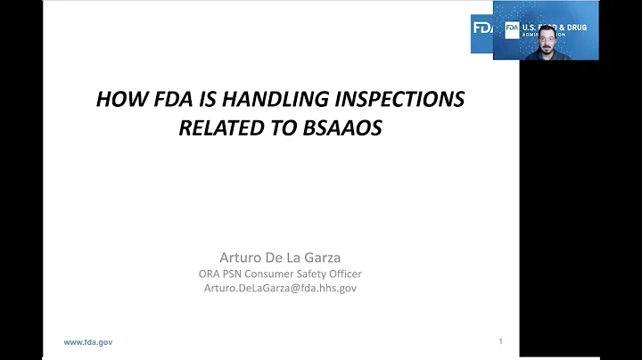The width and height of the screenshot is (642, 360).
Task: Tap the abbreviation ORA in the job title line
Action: point(210,274)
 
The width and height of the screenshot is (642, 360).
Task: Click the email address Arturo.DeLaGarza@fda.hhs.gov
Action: point(279,289)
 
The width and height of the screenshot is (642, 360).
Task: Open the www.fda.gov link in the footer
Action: point(87,342)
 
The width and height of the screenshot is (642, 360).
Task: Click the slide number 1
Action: point(501,341)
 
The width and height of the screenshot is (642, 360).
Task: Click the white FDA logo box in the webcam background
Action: point(512,29)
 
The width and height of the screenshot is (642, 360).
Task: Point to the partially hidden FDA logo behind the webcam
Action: point(481,28)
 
